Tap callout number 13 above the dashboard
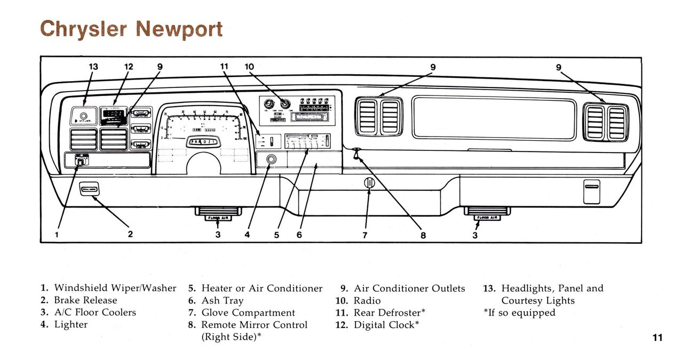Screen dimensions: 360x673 coord(93,67)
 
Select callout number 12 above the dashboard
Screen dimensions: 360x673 coord(129,67)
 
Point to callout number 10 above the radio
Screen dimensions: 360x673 coord(249,67)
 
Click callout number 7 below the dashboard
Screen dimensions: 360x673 coord(365,234)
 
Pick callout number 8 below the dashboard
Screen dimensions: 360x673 coord(423,234)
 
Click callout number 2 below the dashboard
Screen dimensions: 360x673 coord(130,234)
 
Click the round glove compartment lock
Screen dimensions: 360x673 coord(369,183)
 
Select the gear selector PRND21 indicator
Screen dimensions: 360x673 coord(202,142)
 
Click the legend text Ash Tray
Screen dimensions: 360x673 coord(222,301)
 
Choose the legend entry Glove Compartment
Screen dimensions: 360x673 coord(248,313)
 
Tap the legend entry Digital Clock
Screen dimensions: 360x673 coord(386,325)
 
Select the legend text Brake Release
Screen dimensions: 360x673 coord(85,300)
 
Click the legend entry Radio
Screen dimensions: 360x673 coord(367,301)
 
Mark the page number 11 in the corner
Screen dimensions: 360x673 coord(657,338)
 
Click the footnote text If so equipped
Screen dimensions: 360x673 coord(521,313)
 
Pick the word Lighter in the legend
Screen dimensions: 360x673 coord(70,324)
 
